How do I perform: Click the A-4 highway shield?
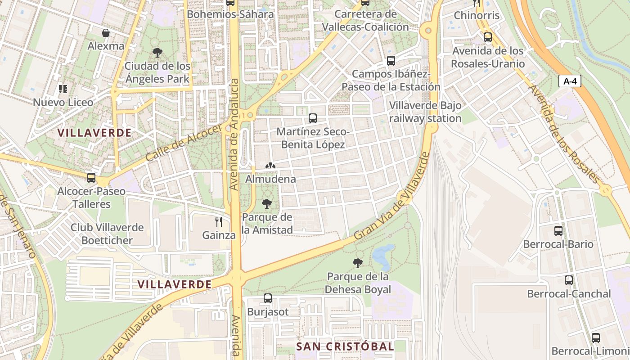coord(570,81)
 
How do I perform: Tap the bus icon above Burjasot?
coord(267,298)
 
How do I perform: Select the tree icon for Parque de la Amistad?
coord(267,204)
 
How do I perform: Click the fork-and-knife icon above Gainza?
coord(219,221)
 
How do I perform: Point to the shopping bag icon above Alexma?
coord(106,33)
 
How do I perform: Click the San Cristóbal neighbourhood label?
coord(345,346)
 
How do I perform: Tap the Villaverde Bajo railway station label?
coord(425,112)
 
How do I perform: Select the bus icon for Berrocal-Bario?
coord(558,231)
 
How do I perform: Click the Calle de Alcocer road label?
coord(184,143)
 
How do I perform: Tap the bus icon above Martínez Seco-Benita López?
coord(312,118)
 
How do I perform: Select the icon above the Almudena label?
coord(270,166)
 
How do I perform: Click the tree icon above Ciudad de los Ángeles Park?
coord(157,53)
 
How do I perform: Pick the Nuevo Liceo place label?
coord(63,102)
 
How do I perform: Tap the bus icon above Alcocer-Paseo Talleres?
coord(91,178)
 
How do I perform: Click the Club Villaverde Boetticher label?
coord(107,234)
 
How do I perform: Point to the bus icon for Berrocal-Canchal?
coord(569,280)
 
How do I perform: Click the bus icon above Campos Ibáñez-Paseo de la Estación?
coord(391,60)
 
